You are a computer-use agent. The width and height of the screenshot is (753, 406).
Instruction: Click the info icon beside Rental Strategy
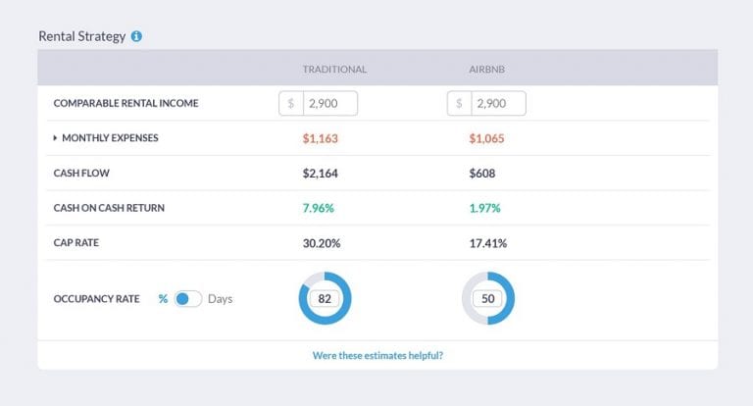136,36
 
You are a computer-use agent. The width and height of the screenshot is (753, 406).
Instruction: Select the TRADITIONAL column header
334,70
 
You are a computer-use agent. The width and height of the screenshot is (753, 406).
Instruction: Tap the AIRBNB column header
488,70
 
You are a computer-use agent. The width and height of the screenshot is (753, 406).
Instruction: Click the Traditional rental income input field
329,103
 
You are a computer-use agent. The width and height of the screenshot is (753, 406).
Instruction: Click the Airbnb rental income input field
498,103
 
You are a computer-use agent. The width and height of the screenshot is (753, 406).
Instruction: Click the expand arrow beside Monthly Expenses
55,138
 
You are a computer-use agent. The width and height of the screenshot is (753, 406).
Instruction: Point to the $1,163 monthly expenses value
321,138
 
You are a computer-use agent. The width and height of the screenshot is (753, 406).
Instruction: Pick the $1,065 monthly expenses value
487,138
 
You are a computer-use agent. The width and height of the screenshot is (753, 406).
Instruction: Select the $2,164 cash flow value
321,174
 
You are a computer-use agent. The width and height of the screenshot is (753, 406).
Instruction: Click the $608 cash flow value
482,174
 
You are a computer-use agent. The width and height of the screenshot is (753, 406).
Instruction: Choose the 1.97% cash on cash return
485,208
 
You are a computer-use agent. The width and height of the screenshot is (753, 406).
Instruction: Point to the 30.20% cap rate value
323,243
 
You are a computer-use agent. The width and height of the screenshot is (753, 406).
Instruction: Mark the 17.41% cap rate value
488,243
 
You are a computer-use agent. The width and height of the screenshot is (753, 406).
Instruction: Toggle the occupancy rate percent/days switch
187,298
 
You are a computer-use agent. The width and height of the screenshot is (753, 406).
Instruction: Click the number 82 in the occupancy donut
325,298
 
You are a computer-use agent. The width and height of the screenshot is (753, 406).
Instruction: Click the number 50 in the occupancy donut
487,298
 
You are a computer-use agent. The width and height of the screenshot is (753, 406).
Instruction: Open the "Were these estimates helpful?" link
376,355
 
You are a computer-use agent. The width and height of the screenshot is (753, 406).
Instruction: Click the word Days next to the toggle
221,298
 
